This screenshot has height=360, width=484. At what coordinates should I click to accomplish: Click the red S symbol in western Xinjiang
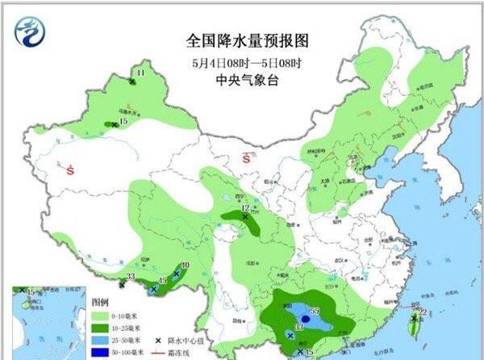click(71, 170)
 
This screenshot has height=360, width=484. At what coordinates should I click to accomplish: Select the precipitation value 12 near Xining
click(245, 209)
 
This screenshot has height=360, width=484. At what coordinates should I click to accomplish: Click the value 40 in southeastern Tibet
click(185, 265)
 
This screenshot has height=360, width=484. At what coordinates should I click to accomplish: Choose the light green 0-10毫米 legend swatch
click(101, 316)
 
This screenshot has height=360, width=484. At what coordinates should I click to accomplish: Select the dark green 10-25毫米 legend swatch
click(101, 329)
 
